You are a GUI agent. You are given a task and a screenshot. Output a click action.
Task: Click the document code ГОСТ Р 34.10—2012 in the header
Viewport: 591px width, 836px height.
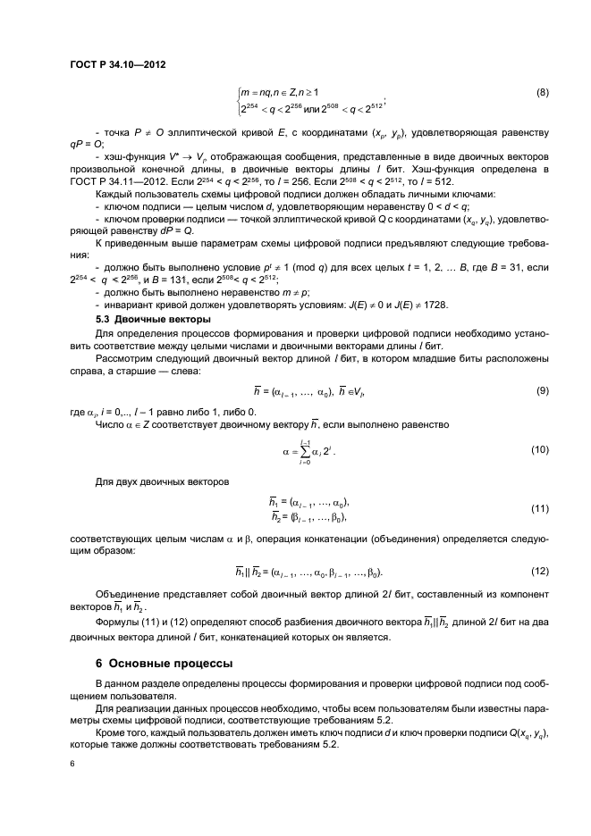[119, 63]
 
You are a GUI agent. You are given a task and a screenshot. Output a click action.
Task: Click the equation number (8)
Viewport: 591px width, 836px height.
[542, 93]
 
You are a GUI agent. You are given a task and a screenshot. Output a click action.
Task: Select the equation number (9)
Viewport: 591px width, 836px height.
[542, 390]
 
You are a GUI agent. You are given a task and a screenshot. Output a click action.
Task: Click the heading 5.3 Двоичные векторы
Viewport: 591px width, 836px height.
[152, 319]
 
